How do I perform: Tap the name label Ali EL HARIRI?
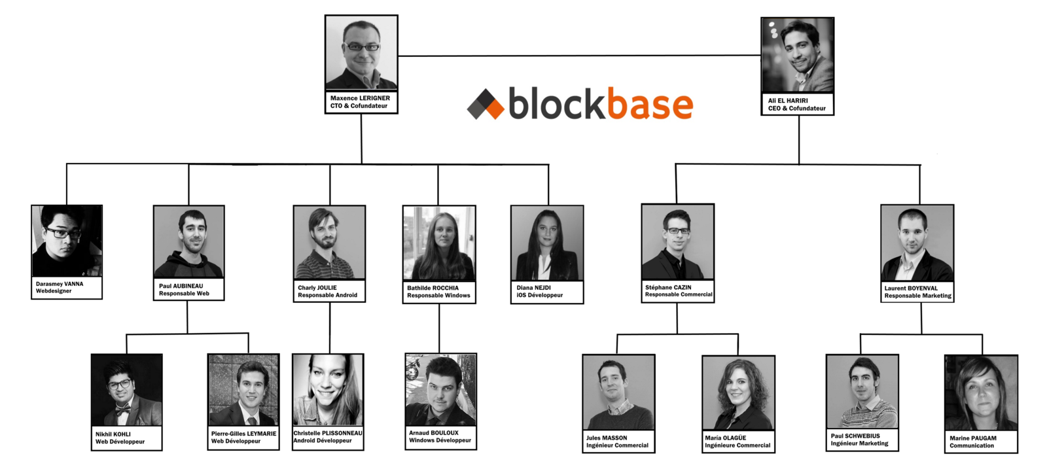[x=788, y=101]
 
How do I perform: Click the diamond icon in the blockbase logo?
[x=486, y=104]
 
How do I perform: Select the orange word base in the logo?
[x=649, y=105]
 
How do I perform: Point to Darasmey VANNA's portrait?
[x=67, y=241]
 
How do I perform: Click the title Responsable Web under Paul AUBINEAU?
[x=184, y=294]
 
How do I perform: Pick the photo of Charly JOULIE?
[x=329, y=243]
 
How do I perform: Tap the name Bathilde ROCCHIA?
[x=433, y=288]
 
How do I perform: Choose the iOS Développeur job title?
[x=540, y=295]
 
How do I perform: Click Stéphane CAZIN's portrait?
[x=677, y=242]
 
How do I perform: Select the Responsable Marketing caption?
[x=917, y=296]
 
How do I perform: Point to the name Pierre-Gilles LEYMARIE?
[x=243, y=434]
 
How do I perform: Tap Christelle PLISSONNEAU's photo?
[x=328, y=390]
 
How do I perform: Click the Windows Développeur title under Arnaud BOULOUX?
[x=440, y=440]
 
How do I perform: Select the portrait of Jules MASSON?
[x=618, y=393]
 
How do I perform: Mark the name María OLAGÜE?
[x=725, y=438]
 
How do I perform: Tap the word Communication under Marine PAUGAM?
[x=972, y=446]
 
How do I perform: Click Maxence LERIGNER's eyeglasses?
[x=362, y=47]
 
